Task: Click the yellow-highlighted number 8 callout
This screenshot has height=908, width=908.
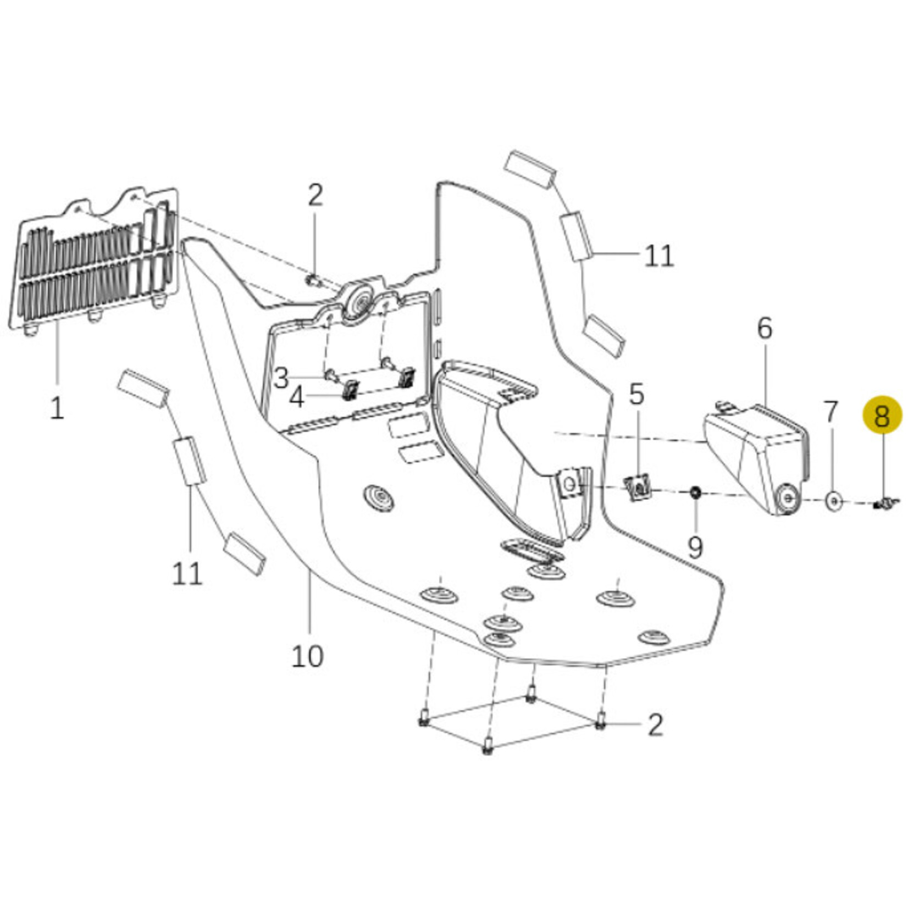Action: (882, 416)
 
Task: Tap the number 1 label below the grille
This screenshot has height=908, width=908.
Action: (57, 408)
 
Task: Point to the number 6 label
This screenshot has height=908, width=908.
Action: (765, 328)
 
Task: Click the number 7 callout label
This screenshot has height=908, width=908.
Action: (831, 412)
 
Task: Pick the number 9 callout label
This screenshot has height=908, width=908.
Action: (695, 547)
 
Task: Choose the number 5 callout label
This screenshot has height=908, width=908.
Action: (636, 394)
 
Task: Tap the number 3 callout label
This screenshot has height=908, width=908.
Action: (281, 378)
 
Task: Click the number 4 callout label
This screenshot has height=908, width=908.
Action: (297, 398)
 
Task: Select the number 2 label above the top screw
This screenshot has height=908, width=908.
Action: (315, 195)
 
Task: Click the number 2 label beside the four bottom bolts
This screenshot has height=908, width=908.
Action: (655, 725)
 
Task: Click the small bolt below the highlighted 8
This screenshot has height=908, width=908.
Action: (884, 502)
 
